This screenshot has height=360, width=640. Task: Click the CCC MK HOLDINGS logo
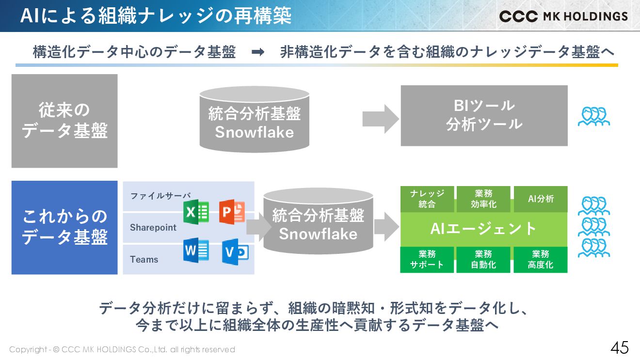click(x=563, y=16)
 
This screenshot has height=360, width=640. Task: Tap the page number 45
click(x=619, y=348)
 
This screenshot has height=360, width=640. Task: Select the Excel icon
click(x=196, y=212)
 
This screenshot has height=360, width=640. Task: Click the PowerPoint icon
click(x=232, y=211)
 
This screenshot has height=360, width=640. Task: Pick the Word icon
click(x=196, y=251)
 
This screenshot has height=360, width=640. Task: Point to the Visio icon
click(x=235, y=252)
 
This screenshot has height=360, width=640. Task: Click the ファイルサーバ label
click(x=160, y=196)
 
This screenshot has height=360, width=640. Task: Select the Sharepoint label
click(x=153, y=227)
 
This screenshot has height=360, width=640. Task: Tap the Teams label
click(x=144, y=259)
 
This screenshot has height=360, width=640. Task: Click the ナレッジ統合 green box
click(x=427, y=199)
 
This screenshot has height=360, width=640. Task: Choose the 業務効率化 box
click(x=483, y=199)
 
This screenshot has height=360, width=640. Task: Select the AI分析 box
click(x=541, y=199)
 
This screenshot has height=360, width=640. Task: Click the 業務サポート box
click(x=427, y=260)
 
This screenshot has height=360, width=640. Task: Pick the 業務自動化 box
click(x=483, y=260)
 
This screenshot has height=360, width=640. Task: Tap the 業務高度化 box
click(x=541, y=260)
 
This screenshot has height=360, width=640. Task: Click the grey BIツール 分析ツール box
click(x=484, y=115)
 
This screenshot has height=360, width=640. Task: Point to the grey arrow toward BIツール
click(x=380, y=119)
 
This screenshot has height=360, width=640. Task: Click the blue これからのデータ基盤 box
click(x=64, y=227)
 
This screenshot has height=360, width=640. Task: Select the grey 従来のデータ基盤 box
click(x=64, y=121)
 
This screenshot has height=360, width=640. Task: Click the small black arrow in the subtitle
click(x=258, y=52)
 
